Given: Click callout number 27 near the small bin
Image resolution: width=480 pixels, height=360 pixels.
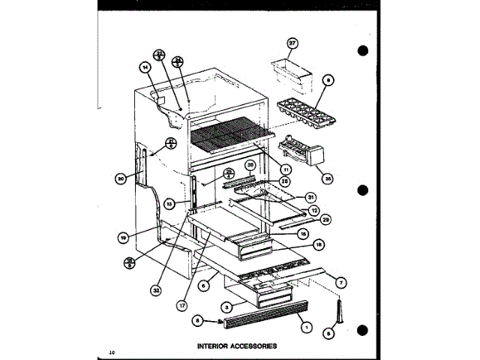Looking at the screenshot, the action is click(x=293, y=43).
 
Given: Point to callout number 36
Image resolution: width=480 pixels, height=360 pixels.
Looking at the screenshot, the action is click(x=327, y=178).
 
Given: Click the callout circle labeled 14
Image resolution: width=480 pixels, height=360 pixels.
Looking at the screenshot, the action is click(x=145, y=66).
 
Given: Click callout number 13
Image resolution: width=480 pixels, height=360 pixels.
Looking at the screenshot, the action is click(x=169, y=202).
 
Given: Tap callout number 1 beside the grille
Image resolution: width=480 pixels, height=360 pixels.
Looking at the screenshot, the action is click(x=305, y=327).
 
